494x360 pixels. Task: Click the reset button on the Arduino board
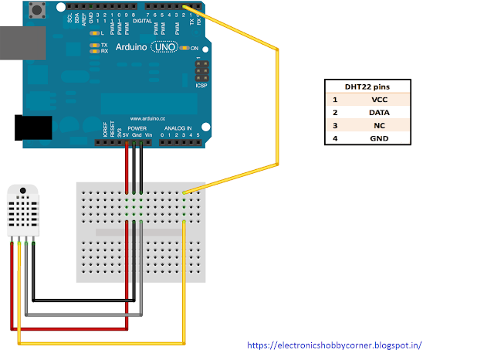point(36,10)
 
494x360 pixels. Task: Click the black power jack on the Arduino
point(32,127)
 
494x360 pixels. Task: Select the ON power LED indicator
point(186,48)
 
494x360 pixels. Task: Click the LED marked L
point(94,33)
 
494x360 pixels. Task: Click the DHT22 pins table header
point(367,87)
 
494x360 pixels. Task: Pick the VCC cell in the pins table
point(379,100)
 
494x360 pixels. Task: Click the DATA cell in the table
point(379,113)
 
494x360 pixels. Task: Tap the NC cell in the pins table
point(379,125)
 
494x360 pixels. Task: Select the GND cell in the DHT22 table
point(379,138)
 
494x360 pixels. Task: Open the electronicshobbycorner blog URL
point(334,345)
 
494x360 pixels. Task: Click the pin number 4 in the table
point(335,138)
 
